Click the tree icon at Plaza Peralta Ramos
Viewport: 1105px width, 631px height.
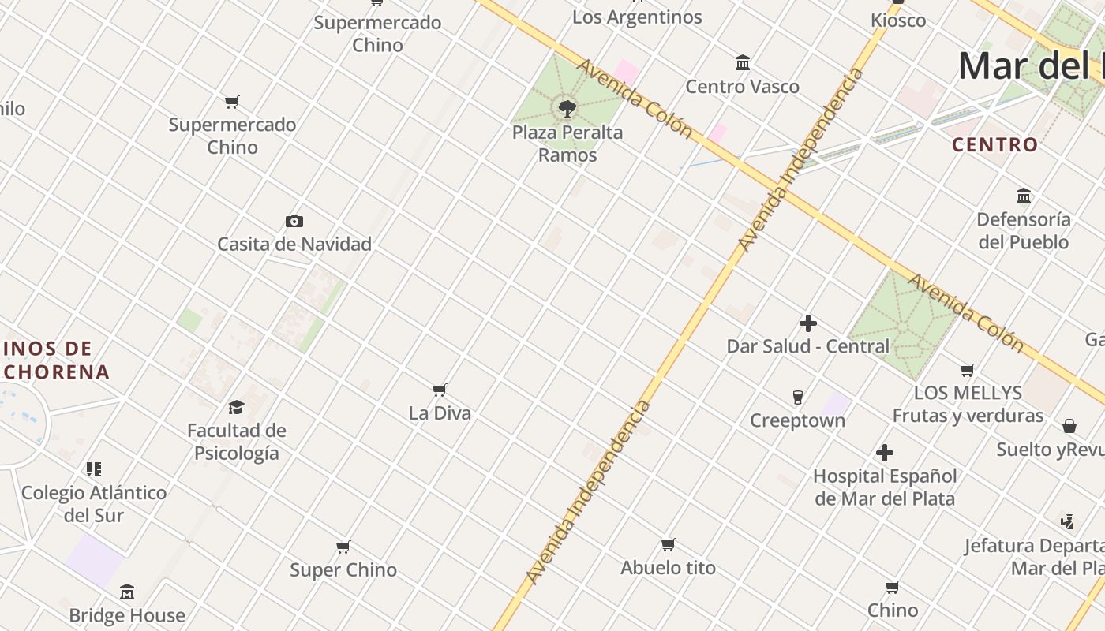click(x=567, y=109)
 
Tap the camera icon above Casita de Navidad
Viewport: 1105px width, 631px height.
click(x=294, y=221)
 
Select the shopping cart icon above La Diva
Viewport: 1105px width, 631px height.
click(x=440, y=390)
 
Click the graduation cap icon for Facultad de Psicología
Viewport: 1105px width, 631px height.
click(x=236, y=407)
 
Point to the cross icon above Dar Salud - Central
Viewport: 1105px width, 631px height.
click(x=807, y=323)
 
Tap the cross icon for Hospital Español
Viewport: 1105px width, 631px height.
click(x=885, y=453)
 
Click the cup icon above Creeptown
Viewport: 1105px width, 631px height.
click(x=797, y=397)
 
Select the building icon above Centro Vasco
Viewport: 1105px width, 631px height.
click(x=742, y=63)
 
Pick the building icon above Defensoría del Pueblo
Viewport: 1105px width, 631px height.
click(x=1024, y=196)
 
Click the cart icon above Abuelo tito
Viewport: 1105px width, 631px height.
click(x=668, y=544)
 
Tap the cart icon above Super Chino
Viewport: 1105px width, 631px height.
click(x=343, y=547)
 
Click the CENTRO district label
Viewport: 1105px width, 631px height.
click(x=994, y=145)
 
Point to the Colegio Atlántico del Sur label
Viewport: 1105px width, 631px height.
click(x=94, y=504)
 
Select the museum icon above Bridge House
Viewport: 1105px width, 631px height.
click(x=127, y=592)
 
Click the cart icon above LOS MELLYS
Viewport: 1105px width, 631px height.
click(x=967, y=370)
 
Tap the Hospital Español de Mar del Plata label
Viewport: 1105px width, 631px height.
click(x=885, y=487)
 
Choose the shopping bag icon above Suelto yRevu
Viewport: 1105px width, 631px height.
click(x=1069, y=426)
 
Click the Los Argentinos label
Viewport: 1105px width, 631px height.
click(x=637, y=17)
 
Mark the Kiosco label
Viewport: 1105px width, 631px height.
click(x=898, y=21)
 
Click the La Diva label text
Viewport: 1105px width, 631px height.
click(x=440, y=413)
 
